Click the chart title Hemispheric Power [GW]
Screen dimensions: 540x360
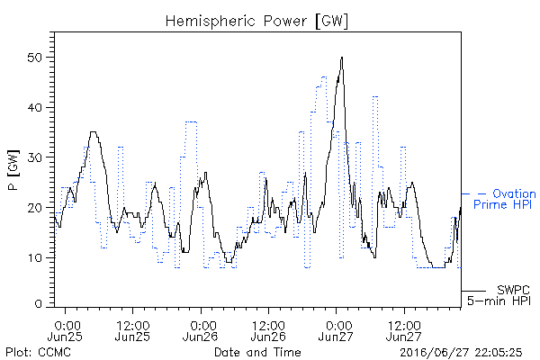pyautogui.click(x=256, y=22)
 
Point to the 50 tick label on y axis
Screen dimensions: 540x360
pyautogui.click(x=34, y=58)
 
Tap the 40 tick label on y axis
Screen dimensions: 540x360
pyautogui.click(x=34, y=107)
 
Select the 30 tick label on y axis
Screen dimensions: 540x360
pyautogui.click(x=34, y=157)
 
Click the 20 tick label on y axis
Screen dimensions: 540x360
pyautogui.click(x=34, y=208)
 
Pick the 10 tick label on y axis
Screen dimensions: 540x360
pyautogui.click(x=35, y=257)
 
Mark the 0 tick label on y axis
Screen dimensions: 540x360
pyautogui.click(x=38, y=304)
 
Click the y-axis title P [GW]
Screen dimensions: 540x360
pyautogui.click(x=13, y=170)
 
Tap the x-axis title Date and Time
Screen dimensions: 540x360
pyautogui.click(x=257, y=353)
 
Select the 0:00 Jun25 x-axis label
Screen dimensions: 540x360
pyautogui.click(x=65, y=331)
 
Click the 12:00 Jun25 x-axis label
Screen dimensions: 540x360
pyautogui.click(x=132, y=331)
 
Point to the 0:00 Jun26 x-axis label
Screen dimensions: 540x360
pyautogui.click(x=201, y=331)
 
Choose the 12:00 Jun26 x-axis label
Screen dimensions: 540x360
pyautogui.click(x=268, y=331)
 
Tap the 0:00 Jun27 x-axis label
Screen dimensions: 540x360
pyautogui.click(x=336, y=331)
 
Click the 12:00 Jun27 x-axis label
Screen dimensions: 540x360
pyautogui.click(x=404, y=331)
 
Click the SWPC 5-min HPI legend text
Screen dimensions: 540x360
pyautogui.click(x=499, y=295)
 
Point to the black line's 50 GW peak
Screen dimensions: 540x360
pyautogui.click(x=342, y=58)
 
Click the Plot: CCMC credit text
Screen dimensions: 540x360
pyautogui.click(x=38, y=353)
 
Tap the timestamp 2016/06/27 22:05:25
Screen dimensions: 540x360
pyautogui.click(x=461, y=353)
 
